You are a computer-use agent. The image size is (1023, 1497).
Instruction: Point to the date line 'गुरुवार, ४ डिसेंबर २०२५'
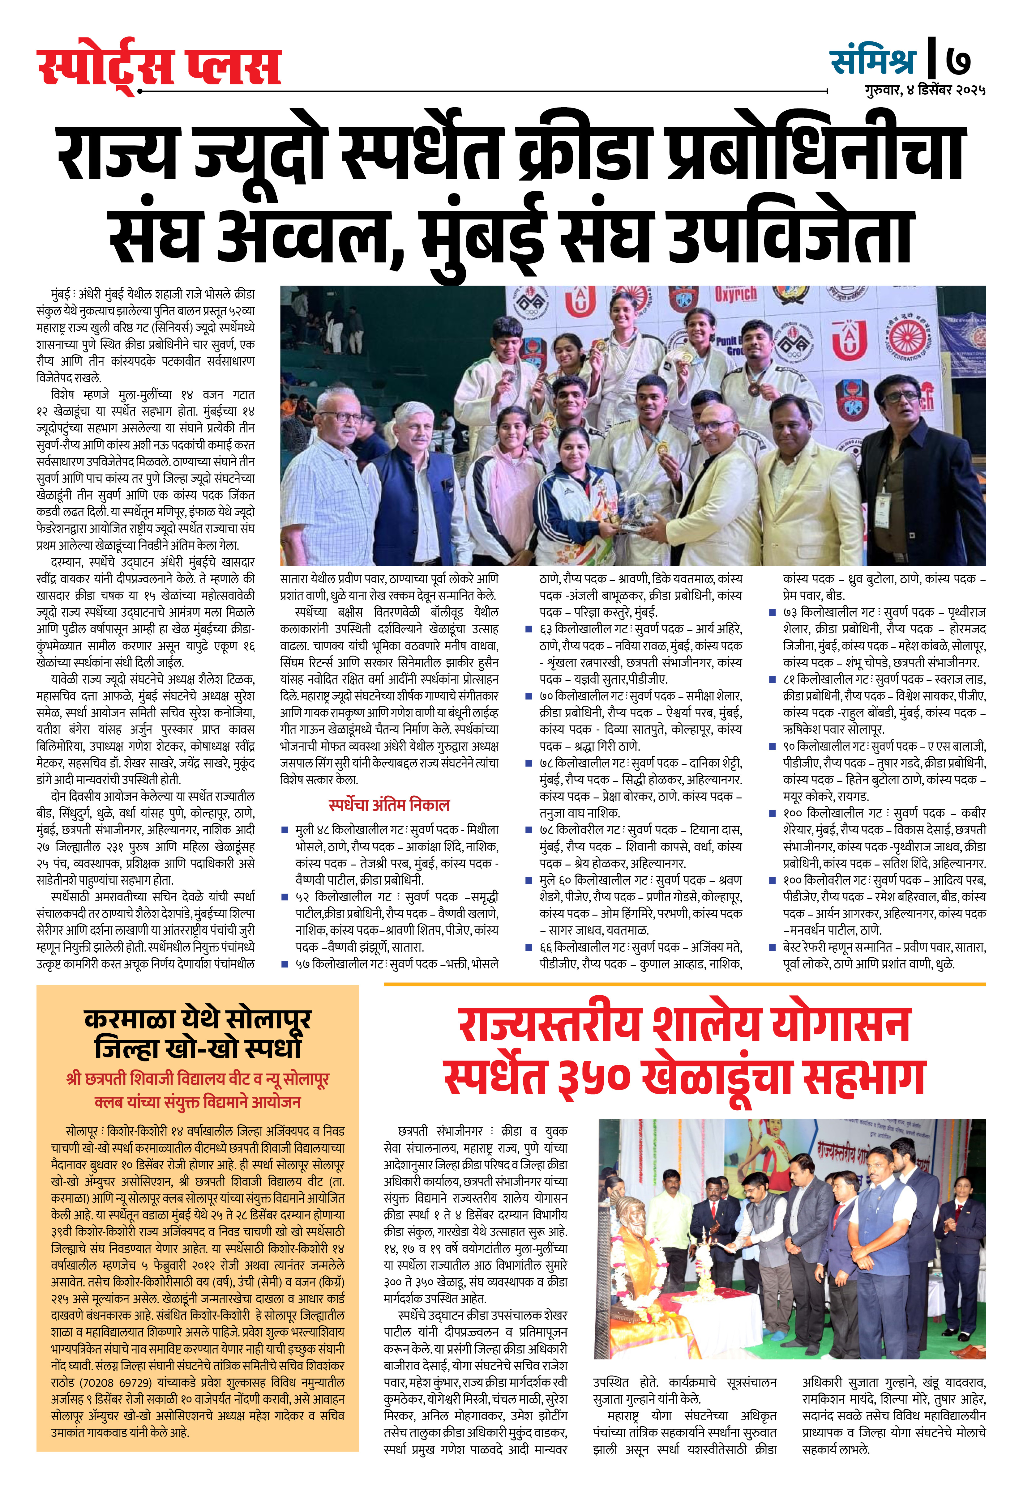[925, 90]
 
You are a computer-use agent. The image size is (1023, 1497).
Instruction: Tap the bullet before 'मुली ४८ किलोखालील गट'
[284, 830]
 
